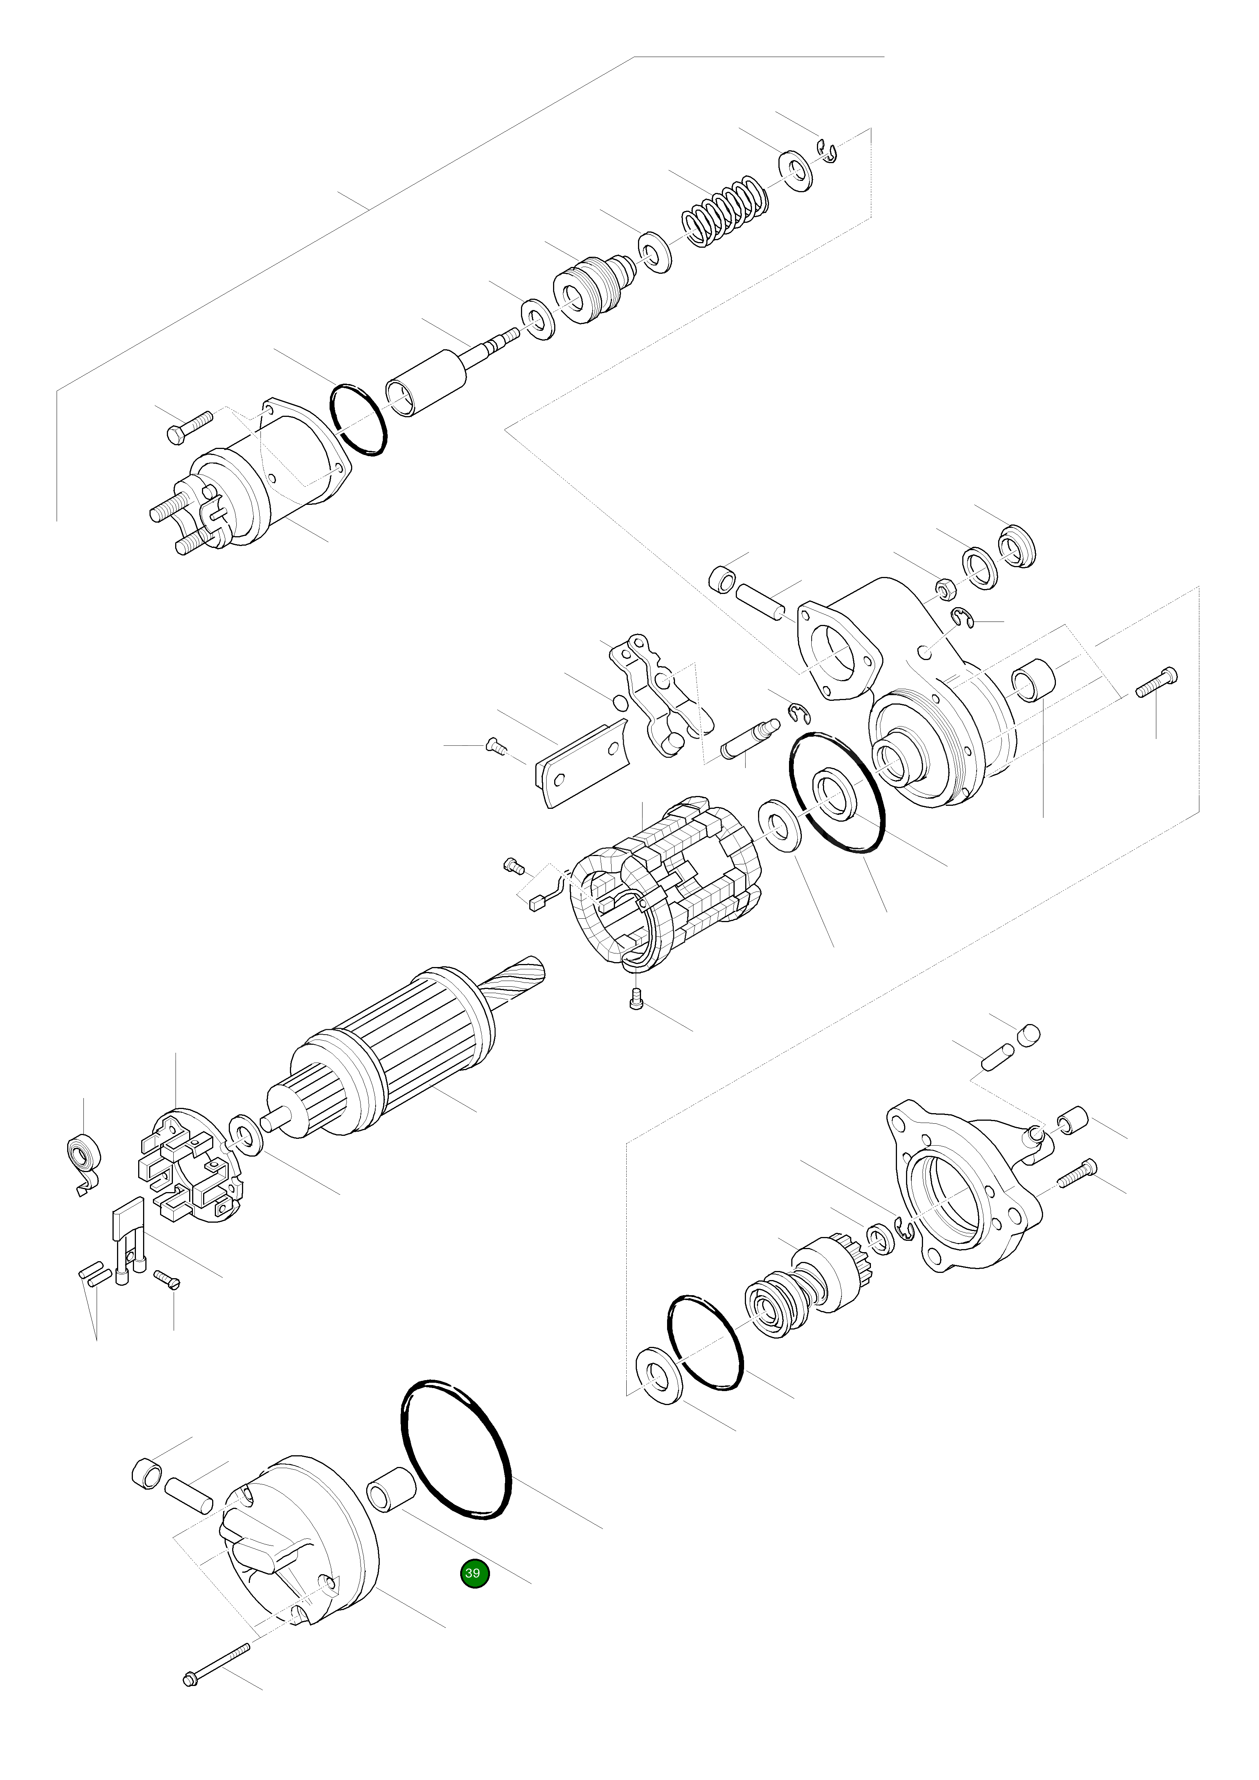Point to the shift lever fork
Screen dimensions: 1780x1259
pos(659,694)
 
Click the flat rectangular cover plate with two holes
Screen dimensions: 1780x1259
pos(581,764)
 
